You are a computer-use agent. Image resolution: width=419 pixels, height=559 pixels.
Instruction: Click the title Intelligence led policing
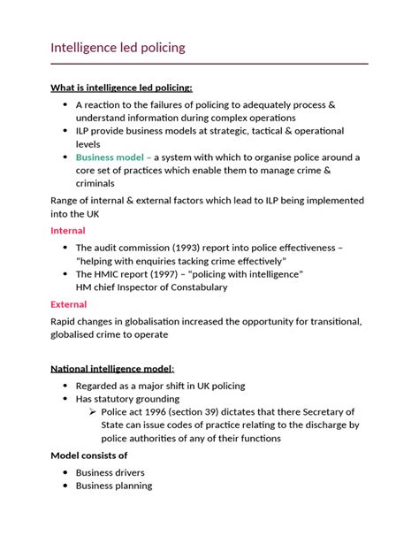[x=118, y=48]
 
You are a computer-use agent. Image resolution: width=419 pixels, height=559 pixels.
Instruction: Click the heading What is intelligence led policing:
[x=121, y=88]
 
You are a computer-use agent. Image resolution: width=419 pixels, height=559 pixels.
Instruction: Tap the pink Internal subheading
[x=68, y=230]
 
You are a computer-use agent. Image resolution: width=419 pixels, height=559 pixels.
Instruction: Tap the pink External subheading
[x=69, y=304]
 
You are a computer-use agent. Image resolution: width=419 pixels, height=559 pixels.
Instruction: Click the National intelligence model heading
[x=111, y=368]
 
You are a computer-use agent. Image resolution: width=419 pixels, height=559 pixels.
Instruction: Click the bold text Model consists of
[x=89, y=455]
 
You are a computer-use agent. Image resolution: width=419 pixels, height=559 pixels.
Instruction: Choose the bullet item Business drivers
[x=110, y=472]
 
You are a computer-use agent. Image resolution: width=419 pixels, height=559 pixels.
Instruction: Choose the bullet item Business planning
[x=113, y=486]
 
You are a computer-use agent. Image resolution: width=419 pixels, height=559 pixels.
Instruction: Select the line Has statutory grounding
[x=136, y=399]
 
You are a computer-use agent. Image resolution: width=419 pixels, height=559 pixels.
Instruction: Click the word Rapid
[x=66, y=322]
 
